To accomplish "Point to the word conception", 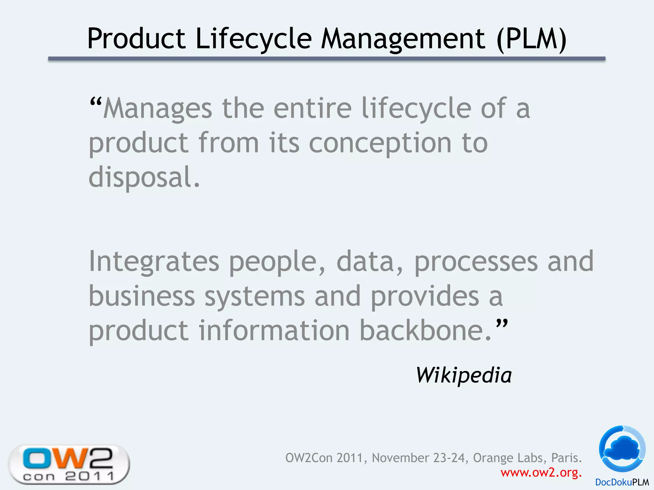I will (380, 143).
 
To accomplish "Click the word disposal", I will (144, 177).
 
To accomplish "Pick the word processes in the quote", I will (476, 262).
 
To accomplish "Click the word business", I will (142, 296).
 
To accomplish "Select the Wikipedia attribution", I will (464, 375).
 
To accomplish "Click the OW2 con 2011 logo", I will (69, 464).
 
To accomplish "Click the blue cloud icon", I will (622, 449).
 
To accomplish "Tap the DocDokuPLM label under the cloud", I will (622, 482).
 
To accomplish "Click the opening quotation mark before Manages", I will (95, 103).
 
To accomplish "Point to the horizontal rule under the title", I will (326, 59).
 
